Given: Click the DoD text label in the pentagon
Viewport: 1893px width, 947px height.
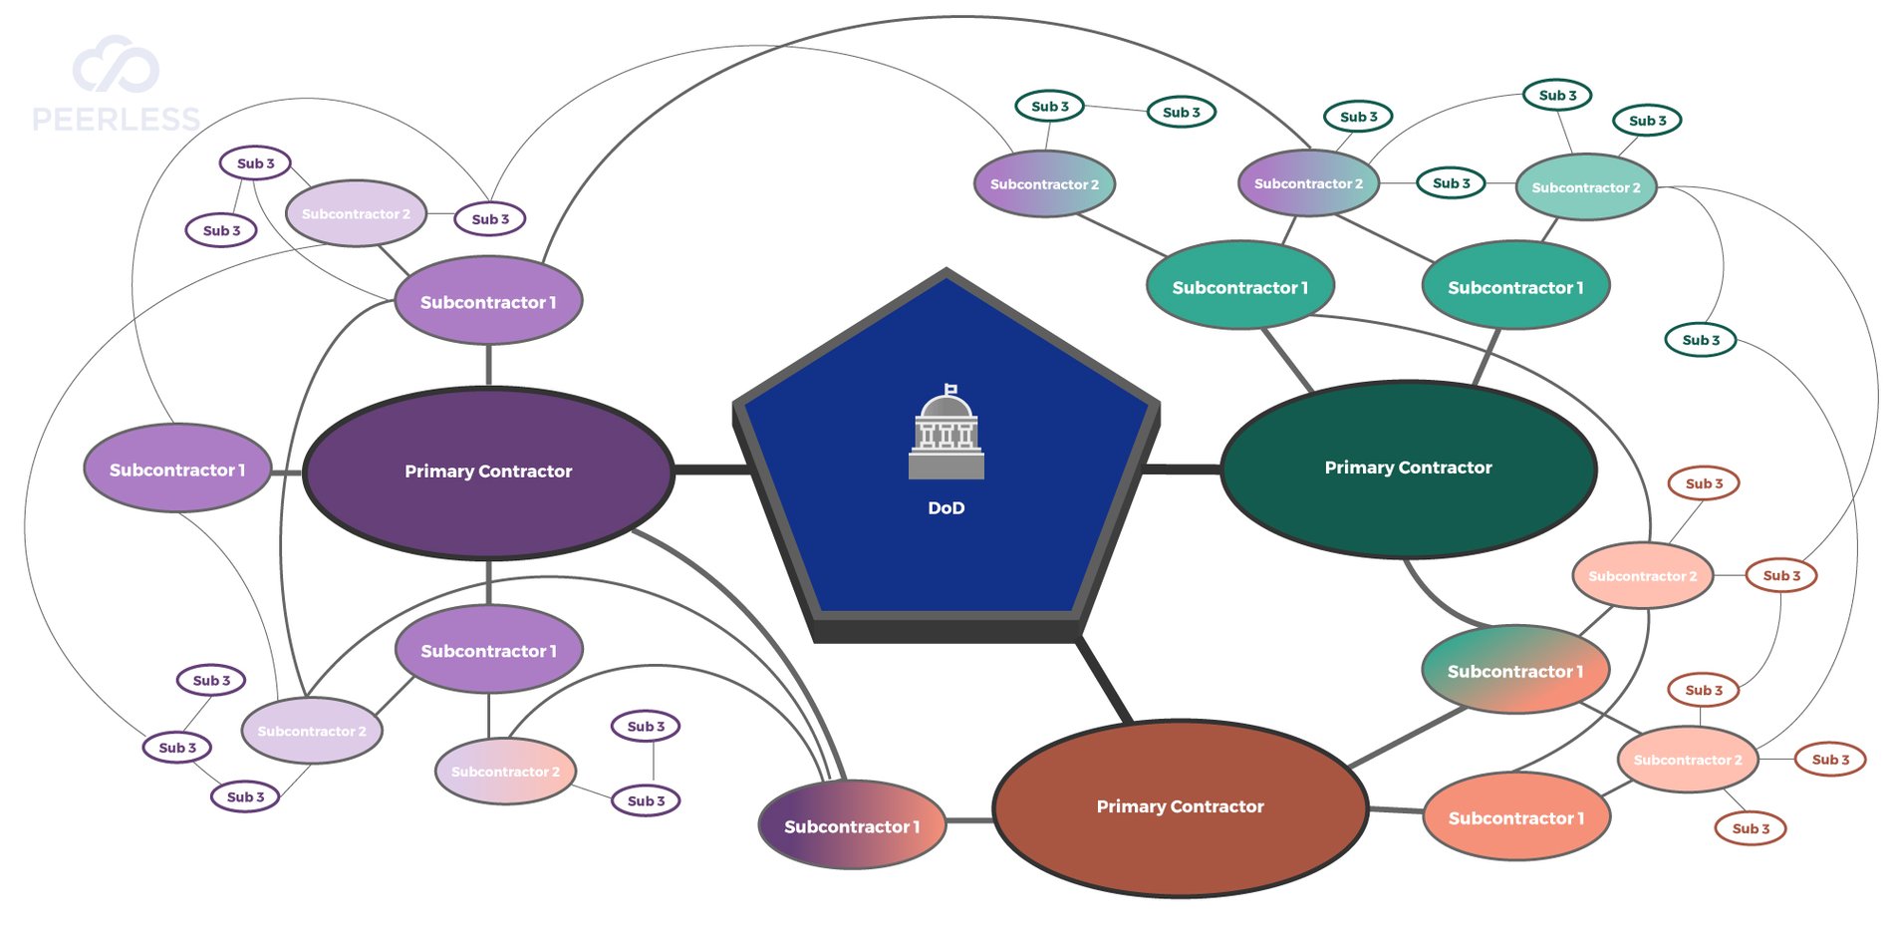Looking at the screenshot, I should click(x=946, y=508).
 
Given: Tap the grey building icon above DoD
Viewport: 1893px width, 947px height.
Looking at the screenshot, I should click(x=946, y=439).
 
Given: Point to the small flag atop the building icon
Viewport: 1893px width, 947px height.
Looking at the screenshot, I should click(x=951, y=389).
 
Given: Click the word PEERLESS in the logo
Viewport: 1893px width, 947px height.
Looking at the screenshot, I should click(x=116, y=121).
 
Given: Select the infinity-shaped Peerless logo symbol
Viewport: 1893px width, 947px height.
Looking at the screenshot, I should click(x=116, y=66).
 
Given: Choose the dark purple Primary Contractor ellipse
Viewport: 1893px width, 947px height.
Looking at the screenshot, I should click(x=488, y=472).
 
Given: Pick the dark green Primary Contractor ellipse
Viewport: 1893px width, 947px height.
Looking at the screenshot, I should click(x=1408, y=468).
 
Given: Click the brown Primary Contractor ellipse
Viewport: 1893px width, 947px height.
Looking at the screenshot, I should click(x=1180, y=806).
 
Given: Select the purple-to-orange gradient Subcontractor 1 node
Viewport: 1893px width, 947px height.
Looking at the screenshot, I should click(x=852, y=826).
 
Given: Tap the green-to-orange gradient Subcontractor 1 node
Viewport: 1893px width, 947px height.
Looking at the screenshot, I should click(x=1514, y=671).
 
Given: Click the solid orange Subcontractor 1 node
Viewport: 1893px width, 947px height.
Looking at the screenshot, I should click(x=1515, y=817).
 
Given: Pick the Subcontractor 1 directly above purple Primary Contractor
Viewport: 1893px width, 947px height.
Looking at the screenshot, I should click(x=488, y=301).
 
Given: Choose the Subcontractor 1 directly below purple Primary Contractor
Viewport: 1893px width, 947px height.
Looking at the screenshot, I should click(x=488, y=651).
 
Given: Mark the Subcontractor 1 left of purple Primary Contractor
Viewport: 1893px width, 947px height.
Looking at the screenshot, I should click(x=177, y=470).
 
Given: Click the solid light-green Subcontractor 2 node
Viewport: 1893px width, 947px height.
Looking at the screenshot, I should click(x=1585, y=187).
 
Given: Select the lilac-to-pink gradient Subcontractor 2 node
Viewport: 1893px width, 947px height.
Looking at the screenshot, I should click(x=505, y=772).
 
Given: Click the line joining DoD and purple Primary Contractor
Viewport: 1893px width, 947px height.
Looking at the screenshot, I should click(x=710, y=470).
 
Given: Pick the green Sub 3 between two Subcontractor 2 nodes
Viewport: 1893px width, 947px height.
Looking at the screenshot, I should click(x=1451, y=183).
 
